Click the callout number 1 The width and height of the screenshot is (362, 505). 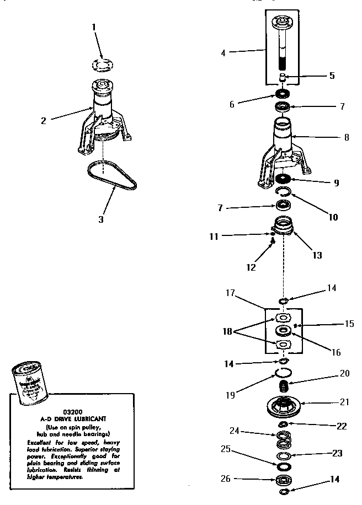pos(94,26)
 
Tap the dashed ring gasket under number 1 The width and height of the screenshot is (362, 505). pos(102,64)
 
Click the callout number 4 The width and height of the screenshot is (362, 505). pos(223,53)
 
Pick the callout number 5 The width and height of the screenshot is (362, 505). pos(332,76)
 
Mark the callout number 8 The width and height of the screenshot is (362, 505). pos(346,137)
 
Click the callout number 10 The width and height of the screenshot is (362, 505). pos(332,217)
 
